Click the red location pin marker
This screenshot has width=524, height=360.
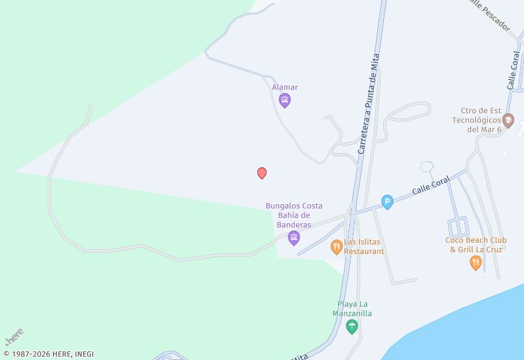[262, 173]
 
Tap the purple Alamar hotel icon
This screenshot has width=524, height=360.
[285, 100]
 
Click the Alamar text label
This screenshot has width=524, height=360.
[285, 87]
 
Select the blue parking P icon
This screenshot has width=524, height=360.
[387, 203]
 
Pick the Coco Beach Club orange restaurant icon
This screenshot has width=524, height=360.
[476, 263]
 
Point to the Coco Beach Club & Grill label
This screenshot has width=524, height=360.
[476, 244]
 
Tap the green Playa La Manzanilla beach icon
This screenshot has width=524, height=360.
[352, 326]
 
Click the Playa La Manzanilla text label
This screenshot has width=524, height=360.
[352, 308]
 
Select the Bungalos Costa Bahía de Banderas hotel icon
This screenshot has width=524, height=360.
[293, 238]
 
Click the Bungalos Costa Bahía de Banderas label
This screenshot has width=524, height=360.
[293, 215]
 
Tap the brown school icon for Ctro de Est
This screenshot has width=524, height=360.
[508, 120]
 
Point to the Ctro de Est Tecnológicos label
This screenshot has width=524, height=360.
[476, 120]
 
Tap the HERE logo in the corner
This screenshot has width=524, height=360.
[14, 336]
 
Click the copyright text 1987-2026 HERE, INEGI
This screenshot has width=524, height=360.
[49, 354]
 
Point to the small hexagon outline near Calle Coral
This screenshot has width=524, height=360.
[427, 167]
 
